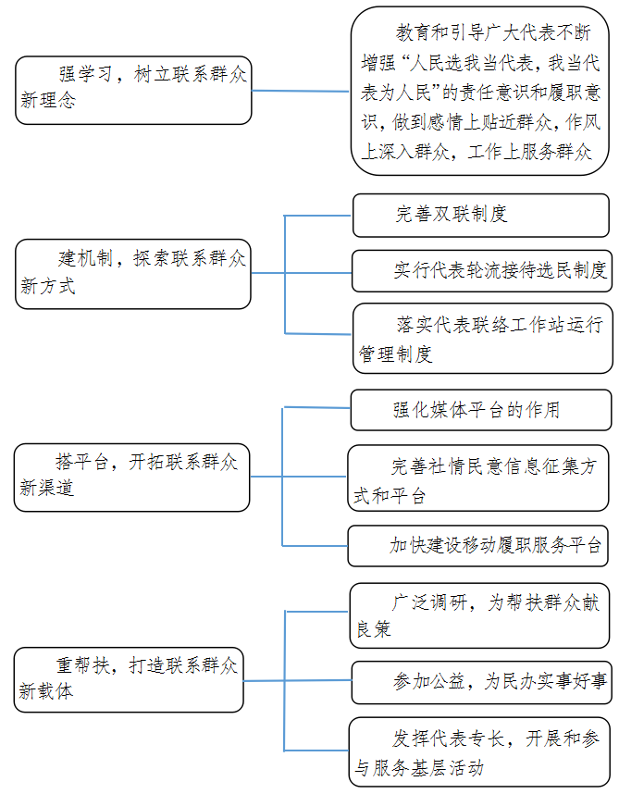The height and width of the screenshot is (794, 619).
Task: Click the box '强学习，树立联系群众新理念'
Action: [x=133, y=90]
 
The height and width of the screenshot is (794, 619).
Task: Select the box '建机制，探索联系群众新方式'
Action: [x=133, y=274]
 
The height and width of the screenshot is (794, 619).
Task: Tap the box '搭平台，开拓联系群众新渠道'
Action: [x=131, y=478]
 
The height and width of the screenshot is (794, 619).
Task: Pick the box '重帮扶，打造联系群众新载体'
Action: [x=129, y=679]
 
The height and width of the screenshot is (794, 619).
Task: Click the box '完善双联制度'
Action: [x=481, y=216]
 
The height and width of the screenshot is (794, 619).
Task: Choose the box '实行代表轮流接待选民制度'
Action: [x=482, y=271]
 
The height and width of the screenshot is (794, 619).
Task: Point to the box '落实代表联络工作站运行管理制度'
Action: [x=483, y=339]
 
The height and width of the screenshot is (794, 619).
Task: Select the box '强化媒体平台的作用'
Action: [x=481, y=410]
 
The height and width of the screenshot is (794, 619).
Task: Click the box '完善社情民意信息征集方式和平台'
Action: [x=478, y=478]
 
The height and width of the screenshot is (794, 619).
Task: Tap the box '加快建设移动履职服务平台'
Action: [x=477, y=546]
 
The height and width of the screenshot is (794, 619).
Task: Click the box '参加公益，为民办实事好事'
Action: [x=482, y=682]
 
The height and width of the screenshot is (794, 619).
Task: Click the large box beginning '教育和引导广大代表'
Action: [x=480, y=91]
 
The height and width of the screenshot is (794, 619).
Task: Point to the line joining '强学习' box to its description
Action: [x=301, y=91]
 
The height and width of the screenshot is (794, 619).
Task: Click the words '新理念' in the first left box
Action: [x=48, y=100]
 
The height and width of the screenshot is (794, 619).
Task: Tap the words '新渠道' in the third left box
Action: [x=46, y=488]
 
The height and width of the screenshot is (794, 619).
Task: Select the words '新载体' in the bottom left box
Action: [x=46, y=690]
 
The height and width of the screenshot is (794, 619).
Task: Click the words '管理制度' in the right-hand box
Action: [x=395, y=354]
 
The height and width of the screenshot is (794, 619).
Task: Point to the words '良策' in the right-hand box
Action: [x=374, y=629]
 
